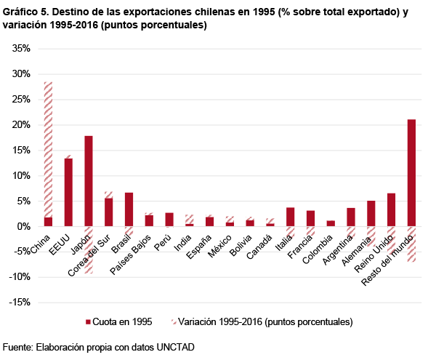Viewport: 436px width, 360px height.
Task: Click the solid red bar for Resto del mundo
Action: [411, 172]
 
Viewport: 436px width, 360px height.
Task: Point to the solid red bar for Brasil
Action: [129, 209]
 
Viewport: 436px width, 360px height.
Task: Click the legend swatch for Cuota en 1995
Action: [89, 321]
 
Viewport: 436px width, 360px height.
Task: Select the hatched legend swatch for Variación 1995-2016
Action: [174, 321]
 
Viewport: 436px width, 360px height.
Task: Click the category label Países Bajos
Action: [134, 252]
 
